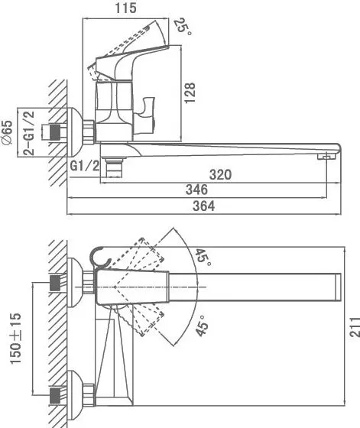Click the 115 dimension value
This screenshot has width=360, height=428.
tap(125, 8)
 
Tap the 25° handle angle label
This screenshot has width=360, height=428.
tap(183, 26)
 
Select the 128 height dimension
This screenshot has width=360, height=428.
tap(190, 92)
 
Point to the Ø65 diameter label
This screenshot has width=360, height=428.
tap(7, 132)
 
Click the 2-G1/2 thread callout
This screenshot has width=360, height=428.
tap(28, 133)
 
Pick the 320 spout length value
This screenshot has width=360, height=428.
tap(220, 174)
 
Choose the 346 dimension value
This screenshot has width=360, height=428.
tap(196, 190)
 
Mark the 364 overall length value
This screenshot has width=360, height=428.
tap(203, 206)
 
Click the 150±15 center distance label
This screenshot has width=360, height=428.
tap(15, 339)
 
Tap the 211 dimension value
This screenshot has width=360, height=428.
tap(355, 327)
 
